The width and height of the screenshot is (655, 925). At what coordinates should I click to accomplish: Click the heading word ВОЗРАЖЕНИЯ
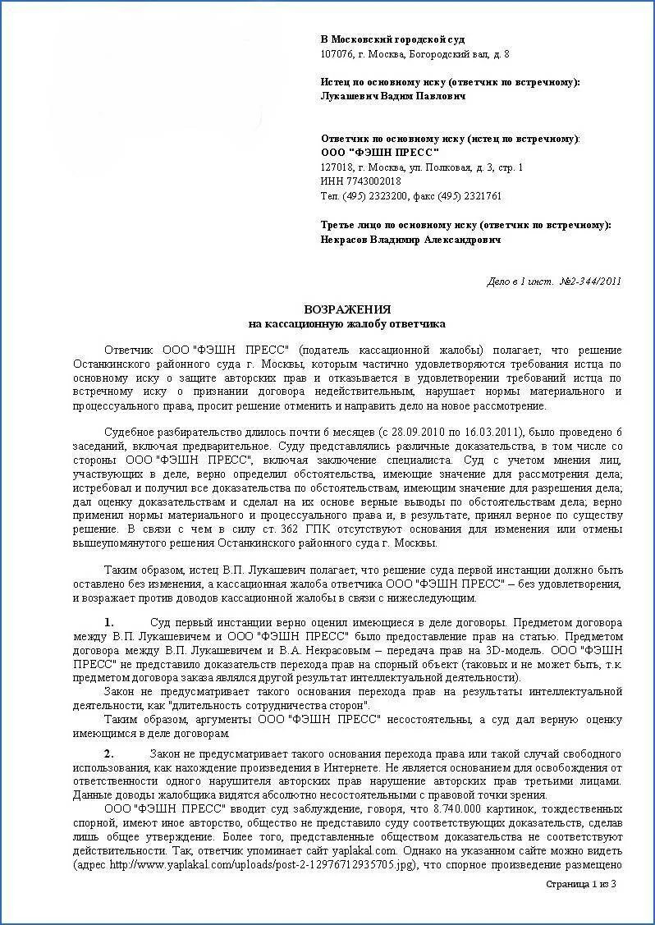(347, 309)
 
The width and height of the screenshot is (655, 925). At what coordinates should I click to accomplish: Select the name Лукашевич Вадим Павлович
(393, 96)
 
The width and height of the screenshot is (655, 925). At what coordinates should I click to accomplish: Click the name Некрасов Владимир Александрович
(410, 240)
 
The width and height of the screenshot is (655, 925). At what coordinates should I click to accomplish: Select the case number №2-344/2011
(590, 282)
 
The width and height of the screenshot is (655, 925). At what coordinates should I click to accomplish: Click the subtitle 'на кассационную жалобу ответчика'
(347, 324)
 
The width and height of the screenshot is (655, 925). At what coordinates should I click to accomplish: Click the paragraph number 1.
(109, 622)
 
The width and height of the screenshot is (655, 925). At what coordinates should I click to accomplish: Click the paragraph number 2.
(109, 753)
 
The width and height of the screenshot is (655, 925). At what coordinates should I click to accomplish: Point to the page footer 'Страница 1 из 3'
(580, 884)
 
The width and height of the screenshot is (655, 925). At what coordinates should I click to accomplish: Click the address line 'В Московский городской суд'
(392, 39)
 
